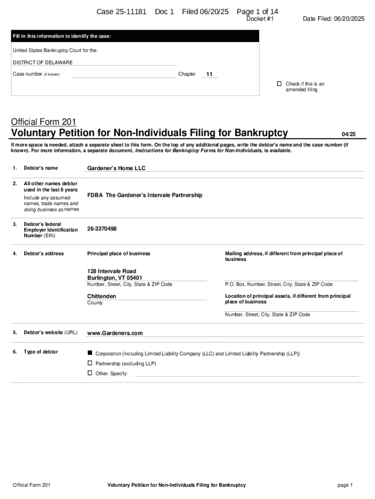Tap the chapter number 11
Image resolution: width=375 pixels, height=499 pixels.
pyautogui.click(x=209, y=74)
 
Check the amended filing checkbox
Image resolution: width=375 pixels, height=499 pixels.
pyautogui.click(x=279, y=84)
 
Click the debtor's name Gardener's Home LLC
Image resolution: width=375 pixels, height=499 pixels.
pyautogui.click(x=116, y=168)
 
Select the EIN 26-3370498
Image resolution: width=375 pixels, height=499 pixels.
pyautogui.click(x=102, y=229)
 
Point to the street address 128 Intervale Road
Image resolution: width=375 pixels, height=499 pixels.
pyautogui.click(x=112, y=271)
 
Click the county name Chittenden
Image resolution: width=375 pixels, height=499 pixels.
pyautogui.click(x=101, y=296)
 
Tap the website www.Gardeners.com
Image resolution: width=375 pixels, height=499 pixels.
pyautogui.click(x=115, y=333)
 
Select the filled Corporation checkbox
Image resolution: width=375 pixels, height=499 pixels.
pyautogui.click(x=90, y=352)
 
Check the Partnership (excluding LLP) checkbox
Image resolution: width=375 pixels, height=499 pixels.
pyautogui.click(x=90, y=363)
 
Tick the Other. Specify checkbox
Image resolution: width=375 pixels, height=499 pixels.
pyautogui.click(x=90, y=373)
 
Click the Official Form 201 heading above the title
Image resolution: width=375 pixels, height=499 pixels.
pyautogui.click(x=43, y=122)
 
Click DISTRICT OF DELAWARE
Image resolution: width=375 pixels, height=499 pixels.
pyautogui.click(x=43, y=62)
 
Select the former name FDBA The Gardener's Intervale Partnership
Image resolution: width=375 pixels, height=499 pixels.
pyautogui.click(x=144, y=195)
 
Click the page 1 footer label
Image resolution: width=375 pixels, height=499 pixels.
pyautogui.click(x=344, y=485)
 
